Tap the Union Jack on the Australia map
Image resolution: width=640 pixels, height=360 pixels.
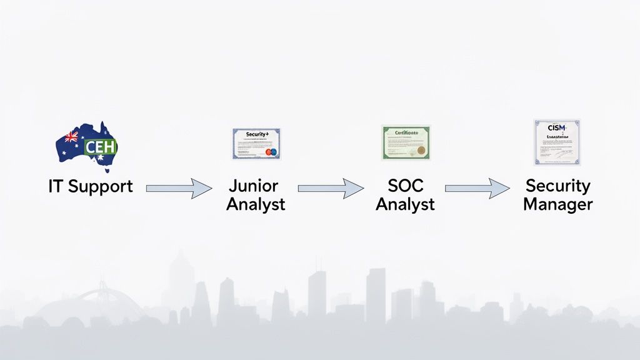coord(71,136)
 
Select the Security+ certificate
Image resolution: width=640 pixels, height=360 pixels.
coord(256,144)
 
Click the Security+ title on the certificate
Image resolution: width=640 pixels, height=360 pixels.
coord(256,134)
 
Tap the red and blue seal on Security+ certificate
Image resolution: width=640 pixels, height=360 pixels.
coord(271,152)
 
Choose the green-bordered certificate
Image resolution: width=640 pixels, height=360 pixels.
coord(406,142)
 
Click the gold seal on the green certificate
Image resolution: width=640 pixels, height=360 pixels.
coord(421,150)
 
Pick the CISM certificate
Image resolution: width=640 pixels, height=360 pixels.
coord(556,142)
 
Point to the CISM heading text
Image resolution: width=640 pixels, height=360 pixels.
coord(556,127)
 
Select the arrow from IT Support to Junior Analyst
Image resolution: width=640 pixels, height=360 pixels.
coord(179,187)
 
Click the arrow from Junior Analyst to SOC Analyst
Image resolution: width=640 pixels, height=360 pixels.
coord(331,187)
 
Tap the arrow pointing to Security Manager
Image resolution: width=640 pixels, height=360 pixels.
coord(477,187)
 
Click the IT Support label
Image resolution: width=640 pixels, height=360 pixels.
coord(91,186)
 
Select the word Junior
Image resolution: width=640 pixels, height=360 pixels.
coord(253,186)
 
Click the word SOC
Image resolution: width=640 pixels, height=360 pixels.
coord(405,186)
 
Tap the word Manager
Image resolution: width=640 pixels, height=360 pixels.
coord(557,204)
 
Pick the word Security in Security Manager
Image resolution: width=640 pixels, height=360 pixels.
coord(557,186)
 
